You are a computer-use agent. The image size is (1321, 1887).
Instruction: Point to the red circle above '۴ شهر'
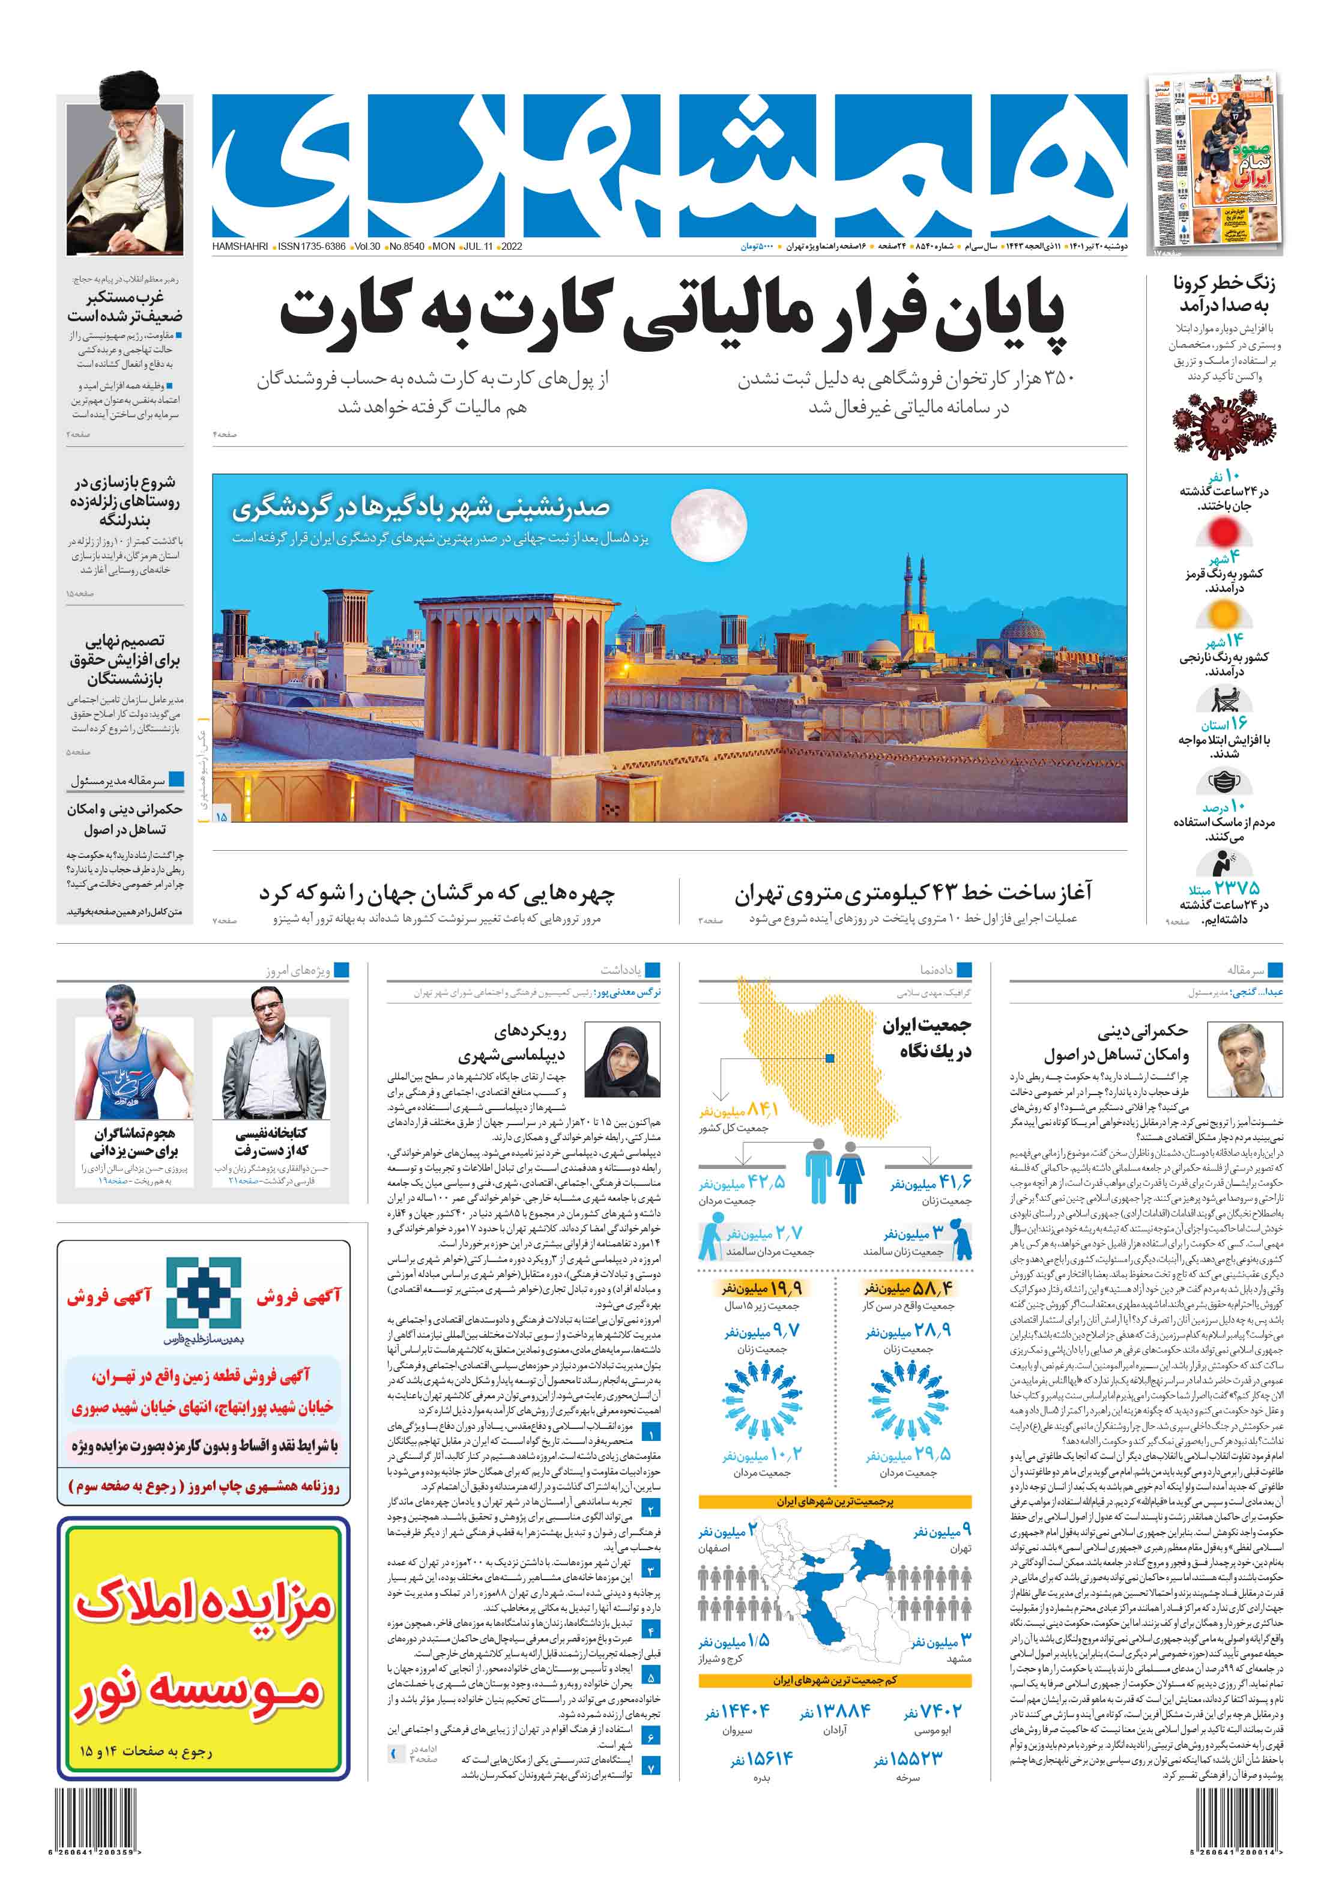[x=1223, y=533]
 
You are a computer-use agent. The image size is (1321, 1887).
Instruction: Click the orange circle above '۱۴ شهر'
[x=1223, y=615]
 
